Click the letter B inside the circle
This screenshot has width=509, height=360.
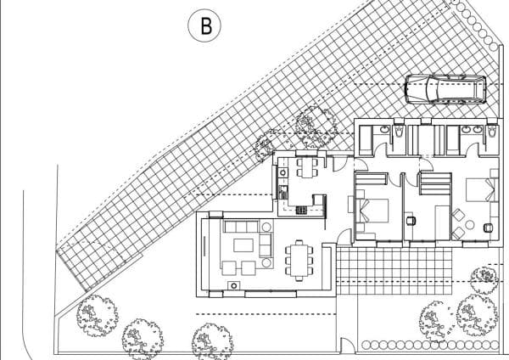206,26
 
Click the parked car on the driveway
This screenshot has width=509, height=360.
445,89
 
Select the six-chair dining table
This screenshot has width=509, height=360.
299,261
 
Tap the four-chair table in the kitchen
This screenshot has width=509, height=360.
305,167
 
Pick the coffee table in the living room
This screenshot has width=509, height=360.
243,245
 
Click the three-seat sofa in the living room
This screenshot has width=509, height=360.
241,227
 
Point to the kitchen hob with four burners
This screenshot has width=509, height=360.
301,211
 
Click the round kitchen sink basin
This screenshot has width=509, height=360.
282,172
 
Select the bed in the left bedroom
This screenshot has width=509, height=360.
372,211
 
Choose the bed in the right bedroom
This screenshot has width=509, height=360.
481,189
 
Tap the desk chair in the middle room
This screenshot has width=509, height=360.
411,221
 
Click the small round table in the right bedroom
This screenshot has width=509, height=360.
469,224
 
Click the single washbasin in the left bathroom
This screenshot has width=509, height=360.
384,130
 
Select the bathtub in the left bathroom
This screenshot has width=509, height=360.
365,139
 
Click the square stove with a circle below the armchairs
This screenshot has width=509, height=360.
234,285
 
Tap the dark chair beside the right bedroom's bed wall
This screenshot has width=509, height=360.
488,228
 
